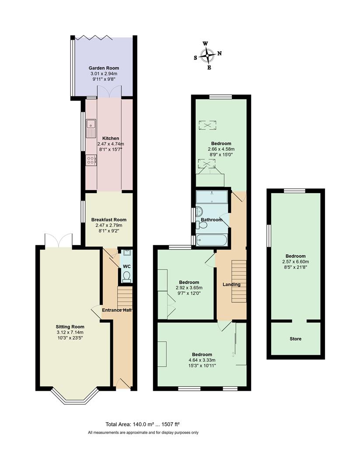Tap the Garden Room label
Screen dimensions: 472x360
(x=104, y=68)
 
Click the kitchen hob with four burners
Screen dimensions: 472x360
(x=91, y=160)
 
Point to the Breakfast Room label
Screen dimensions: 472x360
(x=108, y=220)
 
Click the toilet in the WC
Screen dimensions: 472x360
(x=126, y=276)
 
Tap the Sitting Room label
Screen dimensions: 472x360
(x=70, y=326)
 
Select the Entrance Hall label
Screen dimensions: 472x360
(x=117, y=310)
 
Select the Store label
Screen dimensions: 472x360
(x=295, y=339)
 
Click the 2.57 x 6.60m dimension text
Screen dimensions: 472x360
(x=295, y=262)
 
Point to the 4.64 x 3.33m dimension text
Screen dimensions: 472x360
(x=202, y=360)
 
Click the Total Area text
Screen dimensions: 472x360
(x=143, y=424)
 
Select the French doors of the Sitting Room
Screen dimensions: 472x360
(x=58, y=240)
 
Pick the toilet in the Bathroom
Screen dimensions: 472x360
(x=202, y=225)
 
